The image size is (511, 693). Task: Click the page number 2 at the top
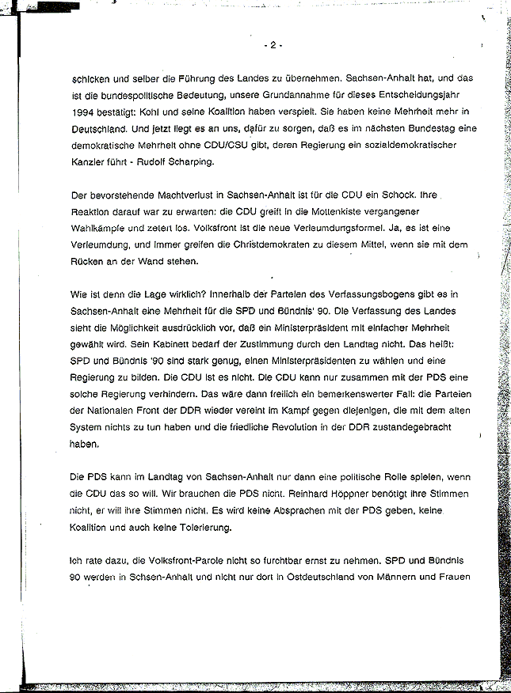tap(271, 45)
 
